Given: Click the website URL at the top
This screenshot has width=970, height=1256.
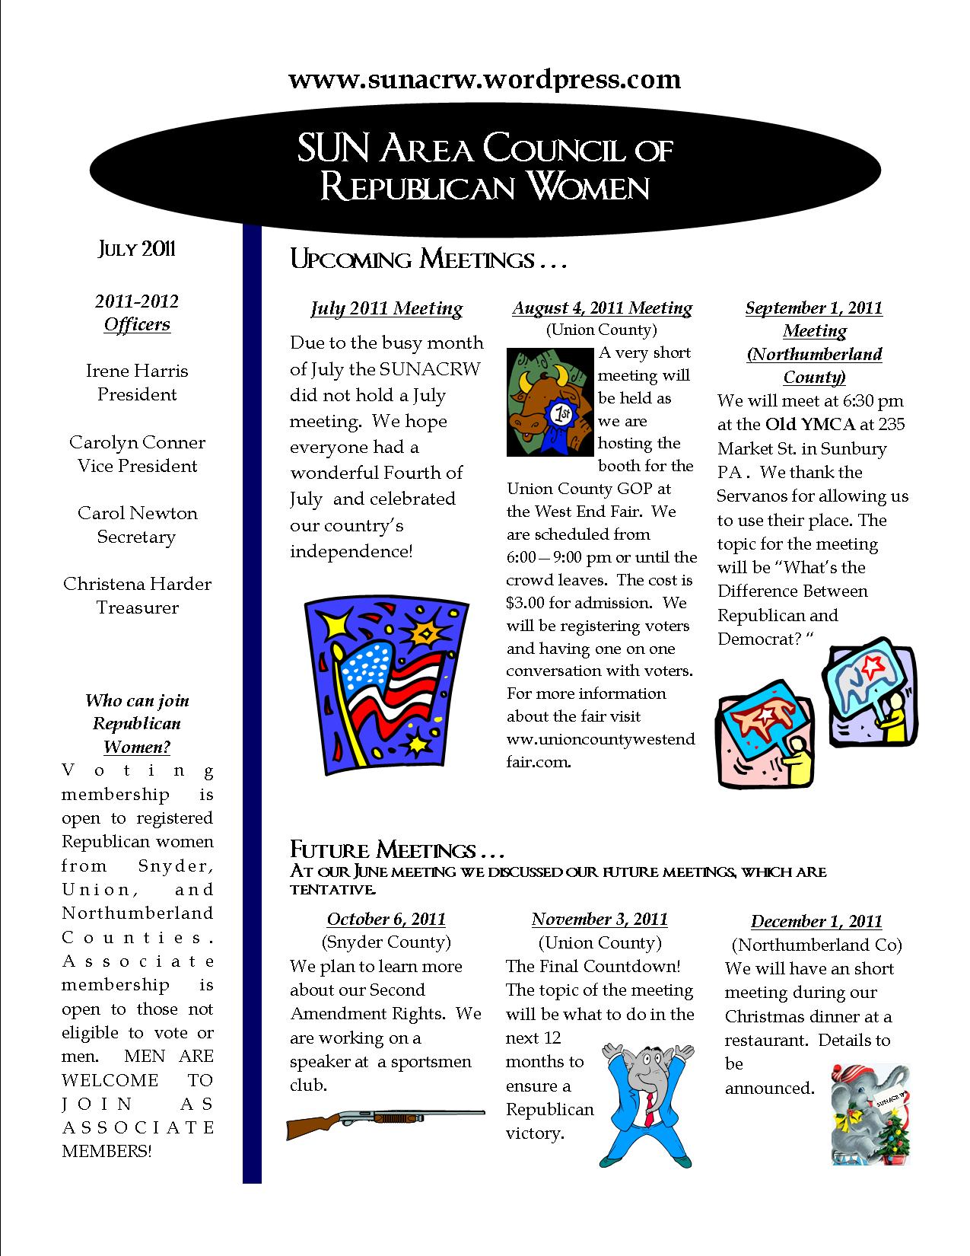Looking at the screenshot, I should (x=485, y=79).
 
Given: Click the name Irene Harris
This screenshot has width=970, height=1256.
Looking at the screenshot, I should (x=137, y=371).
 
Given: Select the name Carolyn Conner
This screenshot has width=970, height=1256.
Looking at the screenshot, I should (x=137, y=442).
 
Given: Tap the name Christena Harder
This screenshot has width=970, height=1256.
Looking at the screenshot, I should (x=137, y=584).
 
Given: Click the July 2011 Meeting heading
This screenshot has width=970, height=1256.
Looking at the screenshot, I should (x=386, y=308).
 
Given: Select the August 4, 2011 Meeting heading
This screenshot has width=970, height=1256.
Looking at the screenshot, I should (x=602, y=308).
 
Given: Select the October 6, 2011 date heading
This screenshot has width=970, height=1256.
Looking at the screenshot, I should (x=386, y=920).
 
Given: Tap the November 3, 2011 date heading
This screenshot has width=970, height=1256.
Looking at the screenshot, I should (x=599, y=920).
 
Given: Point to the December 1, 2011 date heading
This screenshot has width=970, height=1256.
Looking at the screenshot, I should (x=816, y=922).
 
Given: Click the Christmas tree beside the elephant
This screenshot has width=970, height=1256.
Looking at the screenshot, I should (x=891, y=1138).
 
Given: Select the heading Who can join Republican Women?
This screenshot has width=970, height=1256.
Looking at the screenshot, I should (x=137, y=724).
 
